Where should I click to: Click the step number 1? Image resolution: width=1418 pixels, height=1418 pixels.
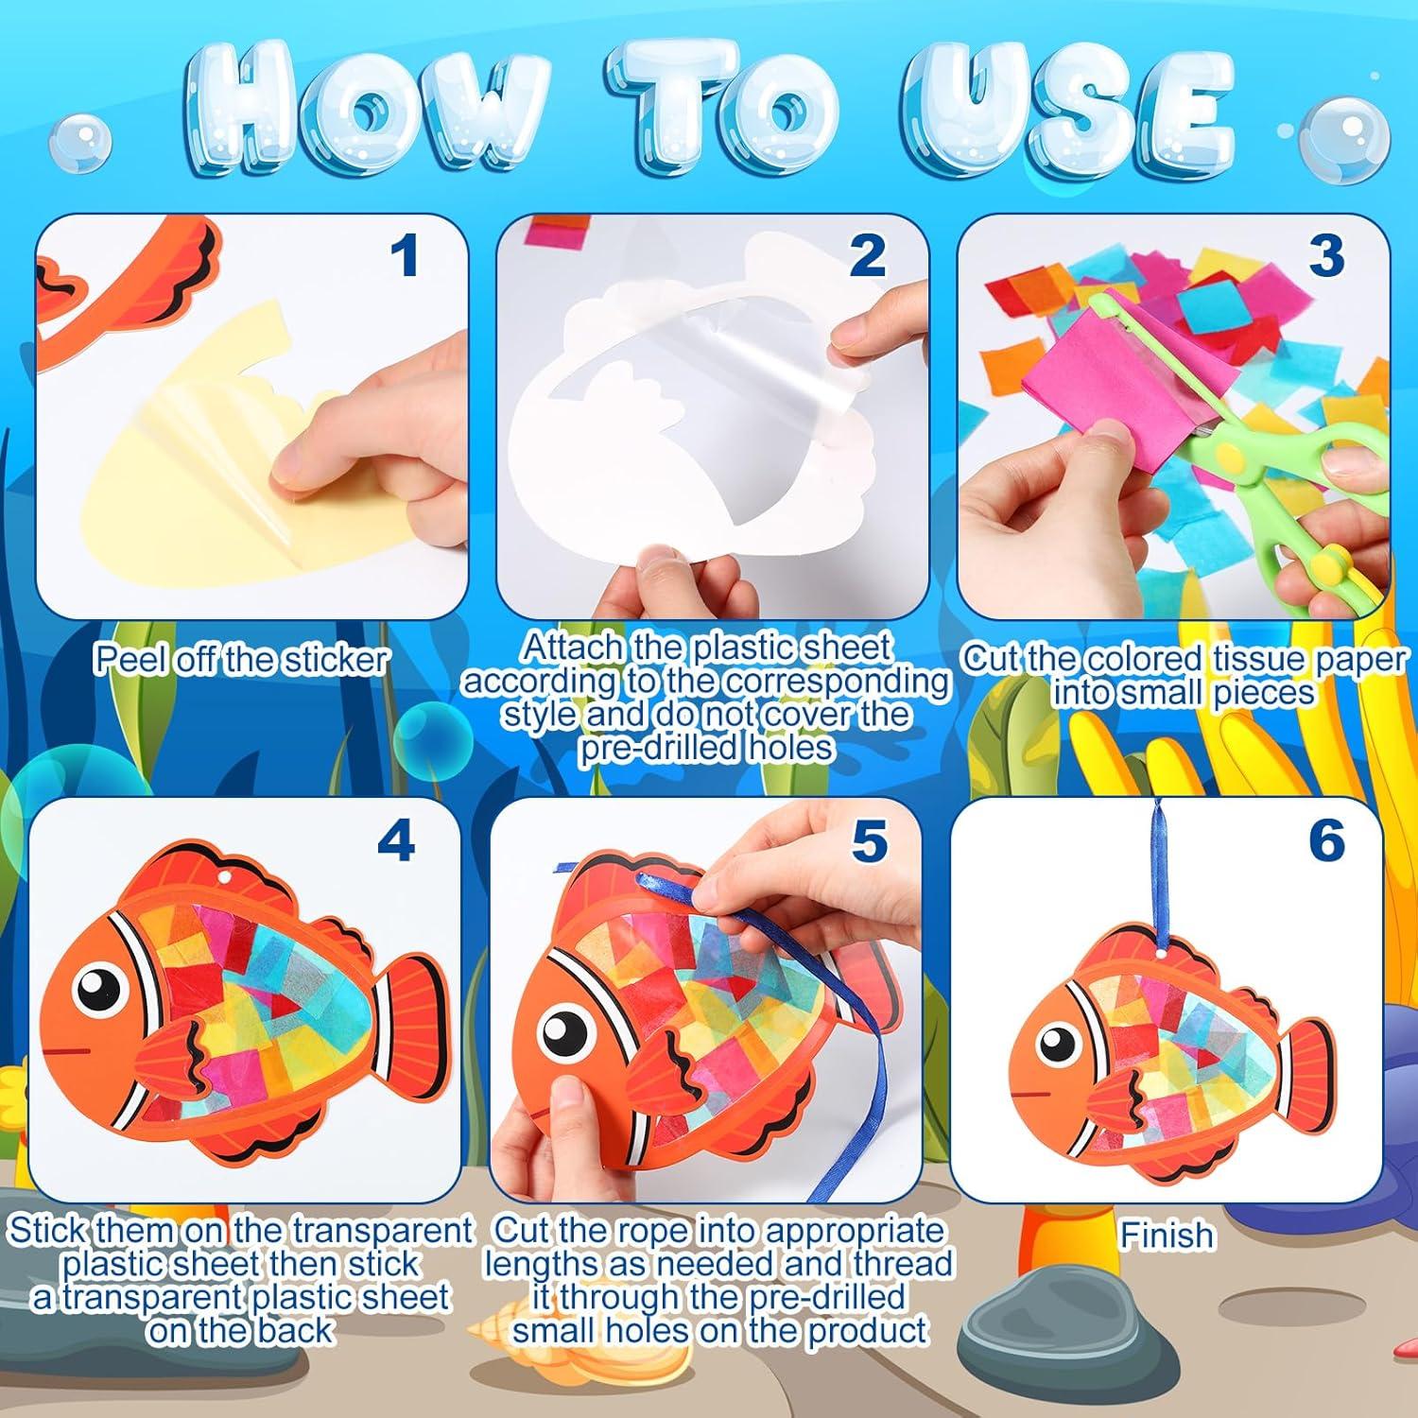pyautogui.click(x=405, y=256)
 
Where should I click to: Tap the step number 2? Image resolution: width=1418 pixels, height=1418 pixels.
pyautogui.click(x=867, y=256)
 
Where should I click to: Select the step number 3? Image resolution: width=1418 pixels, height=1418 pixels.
pyautogui.click(x=1326, y=256)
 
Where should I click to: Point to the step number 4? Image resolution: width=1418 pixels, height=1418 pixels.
pyautogui.click(x=395, y=840)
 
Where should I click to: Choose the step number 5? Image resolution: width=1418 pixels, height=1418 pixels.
pyautogui.click(x=869, y=840)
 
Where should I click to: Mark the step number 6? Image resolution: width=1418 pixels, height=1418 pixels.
pyautogui.click(x=1326, y=840)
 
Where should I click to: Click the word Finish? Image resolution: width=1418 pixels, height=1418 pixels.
pyautogui.click(x=1167, y=1236)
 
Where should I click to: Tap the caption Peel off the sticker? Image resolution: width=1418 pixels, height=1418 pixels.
pyautogui.click(x=241, y=660)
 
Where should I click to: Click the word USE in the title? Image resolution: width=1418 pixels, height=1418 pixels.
pyautogui.click(x=1068, y=113)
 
